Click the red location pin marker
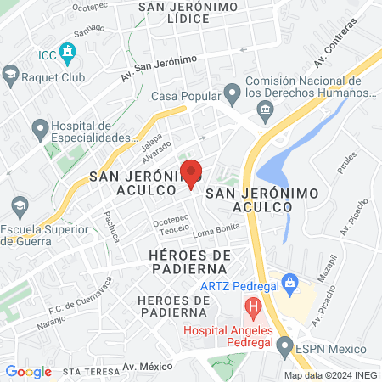point(192,172)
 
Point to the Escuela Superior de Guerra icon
point(19,205)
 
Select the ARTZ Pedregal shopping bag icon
point(289,280)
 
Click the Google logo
point(28,371)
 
